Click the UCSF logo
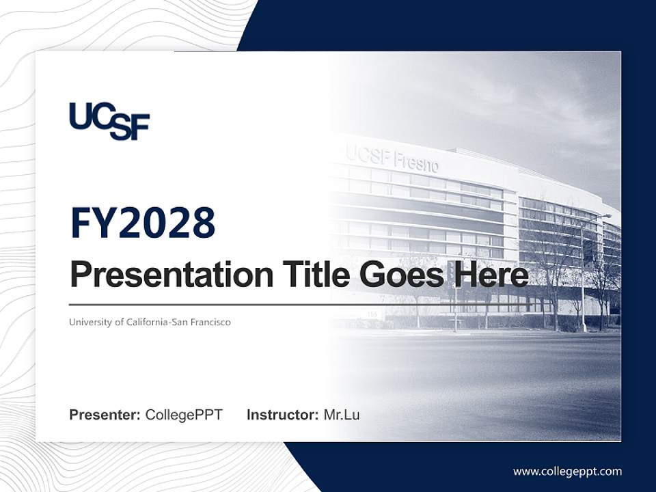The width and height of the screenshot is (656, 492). pos(109,121)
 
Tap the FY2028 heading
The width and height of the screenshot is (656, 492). pos(143,223)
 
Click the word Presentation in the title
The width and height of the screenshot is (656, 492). pos(162,275)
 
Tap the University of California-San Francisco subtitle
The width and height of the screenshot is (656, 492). pos(150,322)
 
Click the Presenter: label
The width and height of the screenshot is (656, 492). pos(105,415)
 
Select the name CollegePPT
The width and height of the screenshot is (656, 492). pos(184,415)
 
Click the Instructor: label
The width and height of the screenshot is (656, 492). pos(282,415)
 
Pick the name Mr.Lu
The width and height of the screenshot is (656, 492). pos(341,415)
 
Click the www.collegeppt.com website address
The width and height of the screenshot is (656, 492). pos(567,471)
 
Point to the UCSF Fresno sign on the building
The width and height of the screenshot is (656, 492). pos(392,159)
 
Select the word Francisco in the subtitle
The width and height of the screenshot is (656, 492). pos(209,322)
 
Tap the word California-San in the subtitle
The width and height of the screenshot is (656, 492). pos(156,322)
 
